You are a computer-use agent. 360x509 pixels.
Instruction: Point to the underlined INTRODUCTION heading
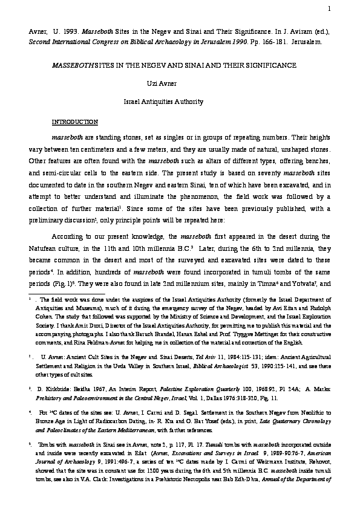point(74,122)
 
